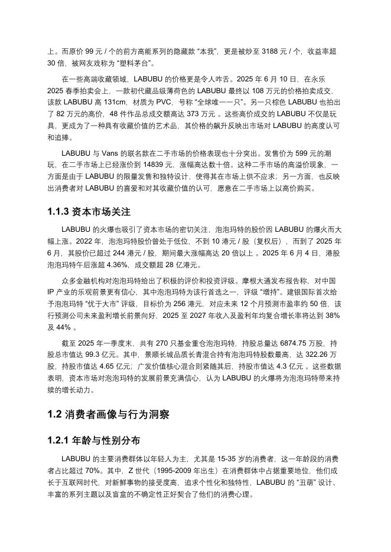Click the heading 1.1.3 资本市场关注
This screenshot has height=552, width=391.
coord(89,211)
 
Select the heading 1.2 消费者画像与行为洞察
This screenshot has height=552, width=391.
coord(109,415)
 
